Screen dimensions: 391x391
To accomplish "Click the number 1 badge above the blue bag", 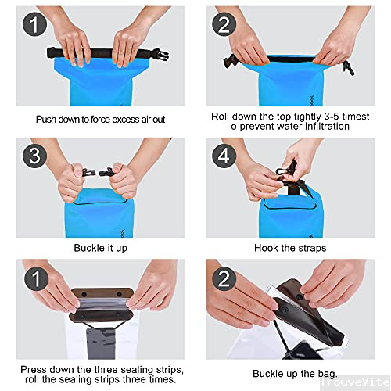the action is tap(35, 24).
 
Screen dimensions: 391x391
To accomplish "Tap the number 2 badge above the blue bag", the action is tap(224, 24).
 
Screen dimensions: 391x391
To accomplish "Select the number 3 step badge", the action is tap(35, 156).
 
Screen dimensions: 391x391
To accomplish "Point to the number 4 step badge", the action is tap(224, 156).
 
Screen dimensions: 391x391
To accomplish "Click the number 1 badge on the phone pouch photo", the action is tap(37, 278).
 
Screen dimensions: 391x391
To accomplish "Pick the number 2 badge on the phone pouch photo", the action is tap(224, 278).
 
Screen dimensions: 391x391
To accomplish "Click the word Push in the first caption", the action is tap(46, 120).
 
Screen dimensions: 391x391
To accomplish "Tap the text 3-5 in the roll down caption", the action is tap(331, 117).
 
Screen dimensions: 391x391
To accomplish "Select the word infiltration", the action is tap(327, 127).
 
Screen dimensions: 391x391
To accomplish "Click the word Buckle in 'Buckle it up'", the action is tap(86, 248).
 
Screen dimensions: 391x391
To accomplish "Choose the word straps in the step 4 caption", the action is tap(312, 248).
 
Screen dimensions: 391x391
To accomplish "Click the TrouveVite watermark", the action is tap(355, 382).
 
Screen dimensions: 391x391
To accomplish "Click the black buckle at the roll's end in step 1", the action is tap(161, 55).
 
